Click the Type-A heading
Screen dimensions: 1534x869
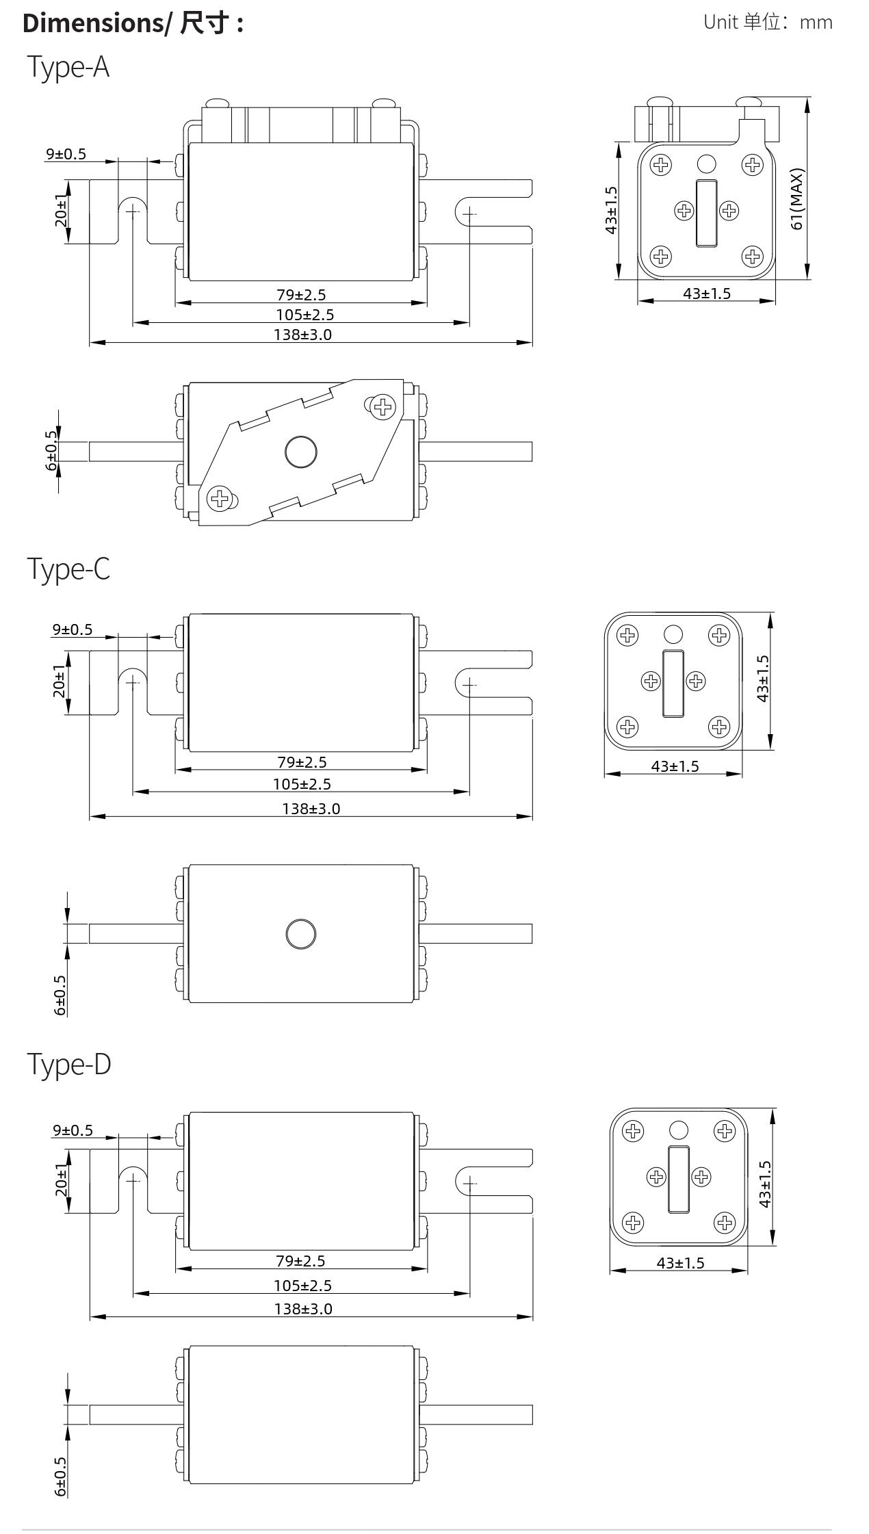[68, 67]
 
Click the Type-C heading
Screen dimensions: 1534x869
[68, 569]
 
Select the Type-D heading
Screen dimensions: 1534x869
[68, 1064]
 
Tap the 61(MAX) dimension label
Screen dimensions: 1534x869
[796, 199]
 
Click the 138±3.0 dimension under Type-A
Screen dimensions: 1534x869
[302, 335]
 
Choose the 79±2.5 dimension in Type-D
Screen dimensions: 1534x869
[300, 1261]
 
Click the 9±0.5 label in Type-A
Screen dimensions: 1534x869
[66, 154]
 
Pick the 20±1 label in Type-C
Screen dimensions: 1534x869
[60, 681]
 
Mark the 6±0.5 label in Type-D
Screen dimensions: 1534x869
[60, 1477]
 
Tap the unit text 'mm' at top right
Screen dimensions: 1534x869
[816, 23]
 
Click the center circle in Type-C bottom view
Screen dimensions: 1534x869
[300, 934]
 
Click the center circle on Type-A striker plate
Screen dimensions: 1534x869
[300, 452]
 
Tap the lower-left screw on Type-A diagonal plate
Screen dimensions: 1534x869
[219, 498]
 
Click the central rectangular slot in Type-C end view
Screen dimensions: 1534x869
[673, 684]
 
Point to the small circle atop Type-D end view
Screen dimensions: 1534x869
[679, 1130]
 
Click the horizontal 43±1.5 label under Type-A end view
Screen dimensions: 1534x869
[706, 294]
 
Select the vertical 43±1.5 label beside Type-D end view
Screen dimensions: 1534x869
[764, 1184]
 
